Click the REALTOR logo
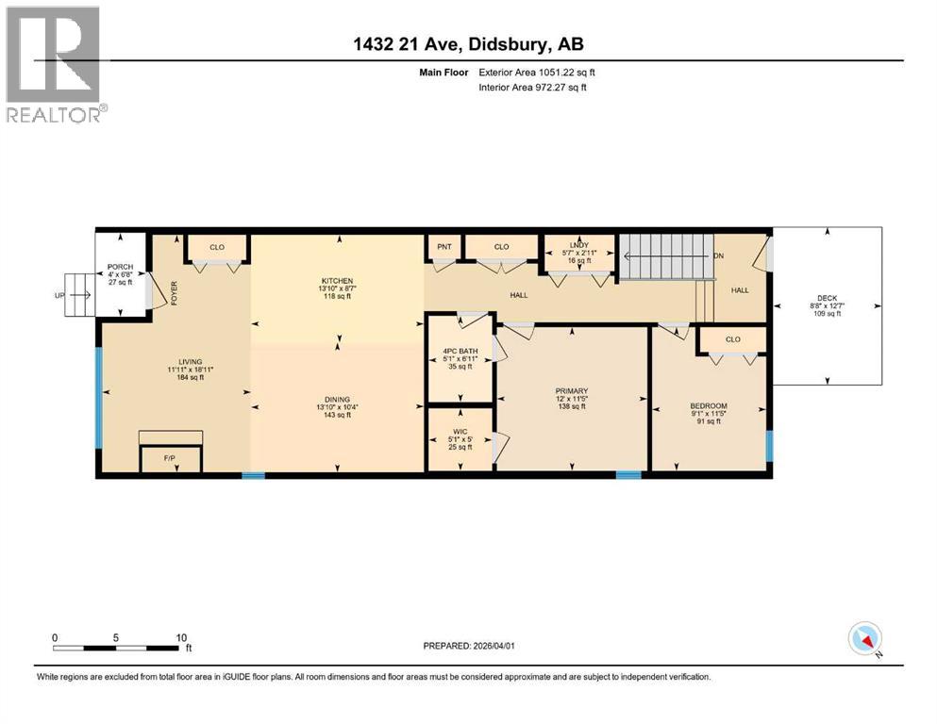(x=54, y=63)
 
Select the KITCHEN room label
(x=337, y=281)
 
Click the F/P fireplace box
(x=170, y=460)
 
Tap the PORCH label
(x=119, y=267)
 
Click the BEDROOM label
(x=709, y=407)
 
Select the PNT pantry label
(x=443, y=247)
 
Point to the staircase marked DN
(x=665, y=255)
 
